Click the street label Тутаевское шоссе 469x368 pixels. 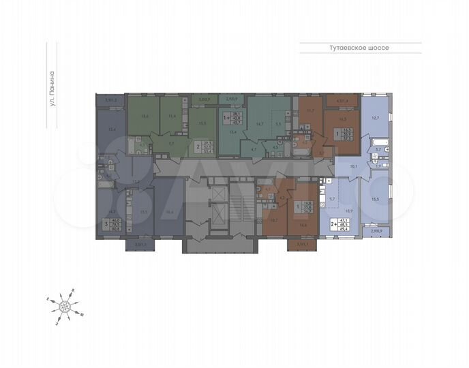point(359,48)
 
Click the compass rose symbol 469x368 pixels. point(65,305)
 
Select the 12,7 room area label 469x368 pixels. point(374,117)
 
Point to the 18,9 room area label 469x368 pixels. point(348,212)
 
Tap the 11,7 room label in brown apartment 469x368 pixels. point(310,110)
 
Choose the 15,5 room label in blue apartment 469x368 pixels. point(376,199)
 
